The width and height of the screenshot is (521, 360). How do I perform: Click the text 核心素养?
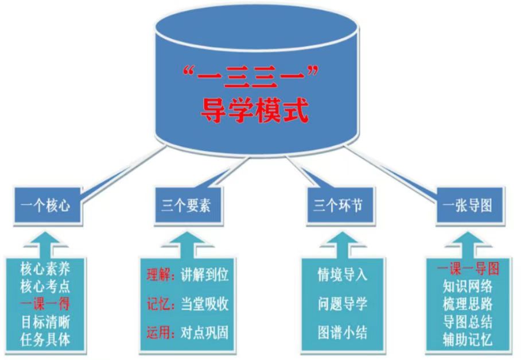[x=45, y=268]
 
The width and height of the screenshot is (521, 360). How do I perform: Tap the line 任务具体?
[x=45, y=339]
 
